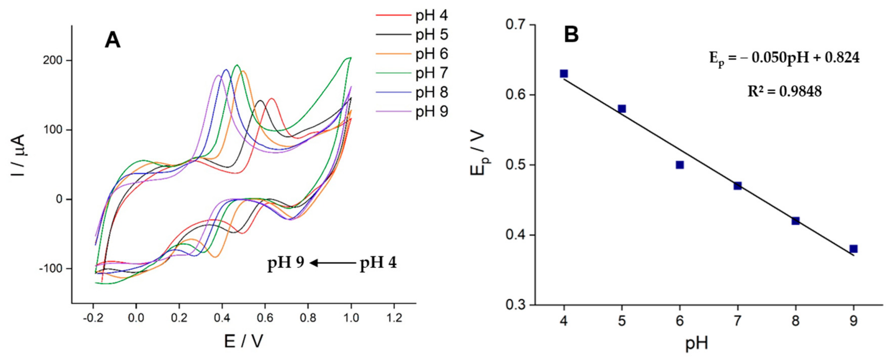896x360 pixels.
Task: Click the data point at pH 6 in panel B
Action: click(680, 165)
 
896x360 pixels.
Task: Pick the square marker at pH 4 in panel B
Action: click(564, 74)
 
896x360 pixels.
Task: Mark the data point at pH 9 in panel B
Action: click(853, 249)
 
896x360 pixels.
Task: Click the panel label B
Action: click(571, 35)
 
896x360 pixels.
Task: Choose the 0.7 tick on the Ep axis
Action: click(516, 25)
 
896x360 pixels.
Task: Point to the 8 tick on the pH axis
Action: click(795, 321)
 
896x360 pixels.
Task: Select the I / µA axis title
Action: click(18, 155)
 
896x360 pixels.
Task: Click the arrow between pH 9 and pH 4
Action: click(333, 263)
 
